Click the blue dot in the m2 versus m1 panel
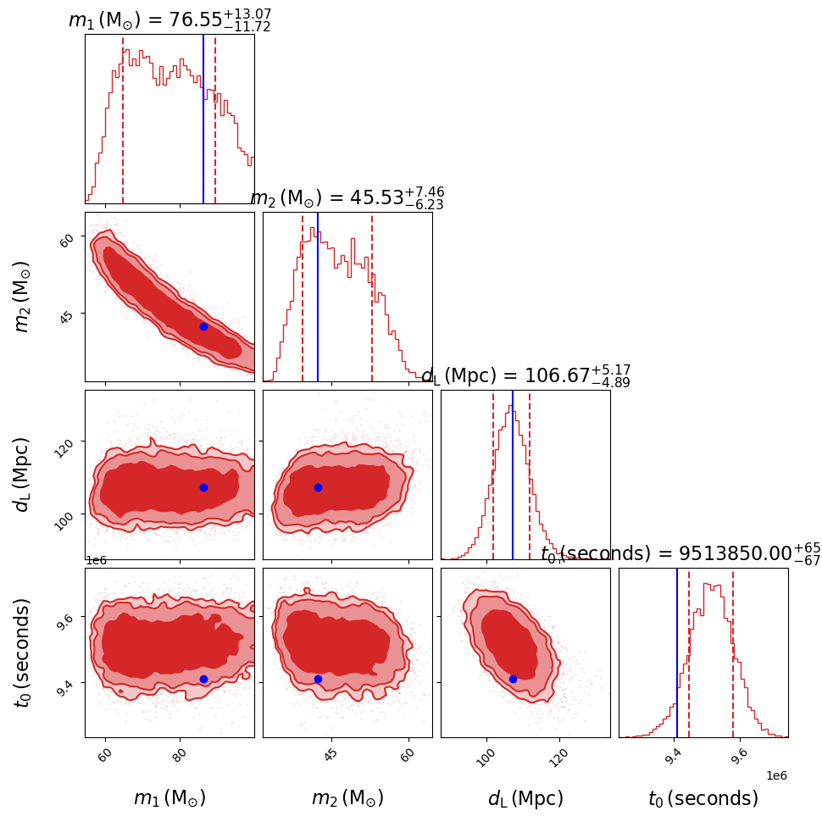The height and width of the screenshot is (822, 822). tap(203, 326)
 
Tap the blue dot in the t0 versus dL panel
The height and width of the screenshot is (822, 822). tap(513, 679)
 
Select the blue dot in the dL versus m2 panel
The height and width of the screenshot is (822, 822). tap(318, 487)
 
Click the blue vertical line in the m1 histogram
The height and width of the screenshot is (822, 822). tap(203, 119)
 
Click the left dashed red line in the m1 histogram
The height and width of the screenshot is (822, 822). tap(123, 119)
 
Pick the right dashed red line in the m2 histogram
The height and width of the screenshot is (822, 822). tap(372, 297)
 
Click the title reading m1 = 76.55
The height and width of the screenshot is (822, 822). tap(169, 20)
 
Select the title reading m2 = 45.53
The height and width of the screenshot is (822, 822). tap(347, 198)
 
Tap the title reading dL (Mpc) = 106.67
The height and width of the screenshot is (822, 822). tap(525, 376)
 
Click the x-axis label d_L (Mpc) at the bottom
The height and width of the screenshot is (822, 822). tap(525, 798)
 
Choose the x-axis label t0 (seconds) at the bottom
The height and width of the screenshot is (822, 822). tap(703, 798)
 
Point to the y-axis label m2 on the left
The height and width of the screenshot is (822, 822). tap(23, 297)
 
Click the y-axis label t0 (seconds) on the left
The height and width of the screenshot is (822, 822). tap(23, 653)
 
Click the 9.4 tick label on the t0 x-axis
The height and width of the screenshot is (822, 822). tap(673, 753)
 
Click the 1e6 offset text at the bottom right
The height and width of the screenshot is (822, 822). tap(777, 775)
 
